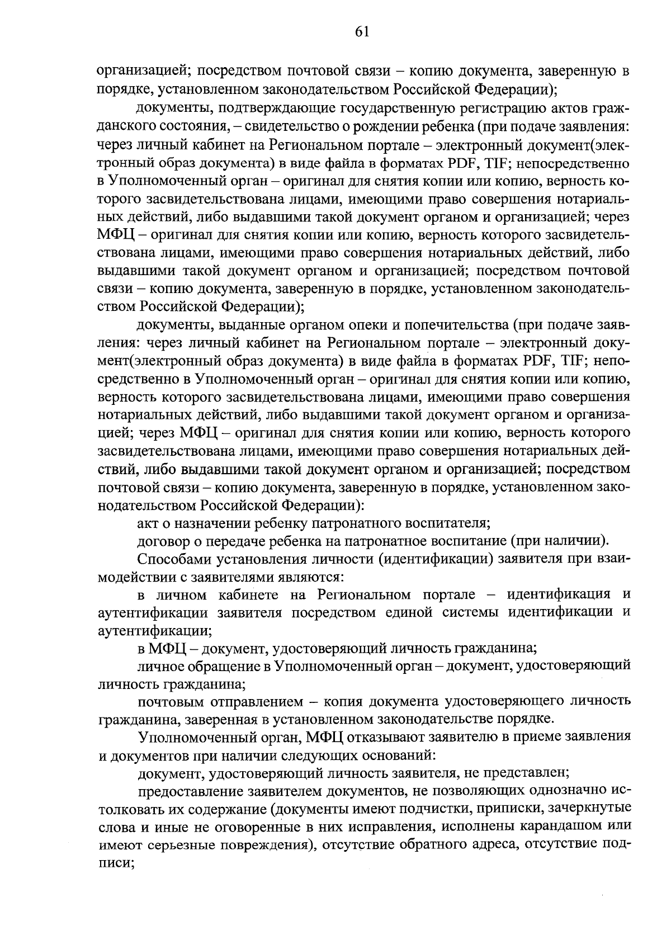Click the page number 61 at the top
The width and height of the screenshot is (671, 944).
(x=362, y=32)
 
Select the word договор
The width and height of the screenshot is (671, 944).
(x=165, y=541)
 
